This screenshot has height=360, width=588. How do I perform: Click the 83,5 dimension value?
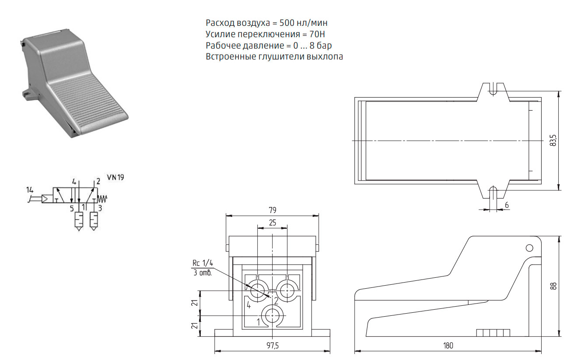pyautogui.click(x=553, y=140)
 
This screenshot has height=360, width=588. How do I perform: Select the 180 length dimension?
pyautogui.click(x=448, y=346)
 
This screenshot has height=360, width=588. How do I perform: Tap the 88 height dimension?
pyautogui.click(x=553, y=286)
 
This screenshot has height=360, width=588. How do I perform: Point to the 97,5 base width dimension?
pyautogui.click(x=273, y=346)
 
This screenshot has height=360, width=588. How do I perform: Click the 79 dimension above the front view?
pyautogui.click(x=273, y=210)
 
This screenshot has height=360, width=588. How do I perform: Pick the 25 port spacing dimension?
pyautogui.click(x=273, y=223)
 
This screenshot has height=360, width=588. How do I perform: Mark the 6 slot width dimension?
pyautogui.click(x=507, y=205)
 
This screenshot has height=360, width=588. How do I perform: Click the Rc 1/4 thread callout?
pyautogui.click(x=203, y=263)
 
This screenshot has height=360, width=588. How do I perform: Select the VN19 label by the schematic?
pyautogui.click(x=115, y=178)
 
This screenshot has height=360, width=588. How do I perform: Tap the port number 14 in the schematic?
pyautogui.click(x=30, y=190)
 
